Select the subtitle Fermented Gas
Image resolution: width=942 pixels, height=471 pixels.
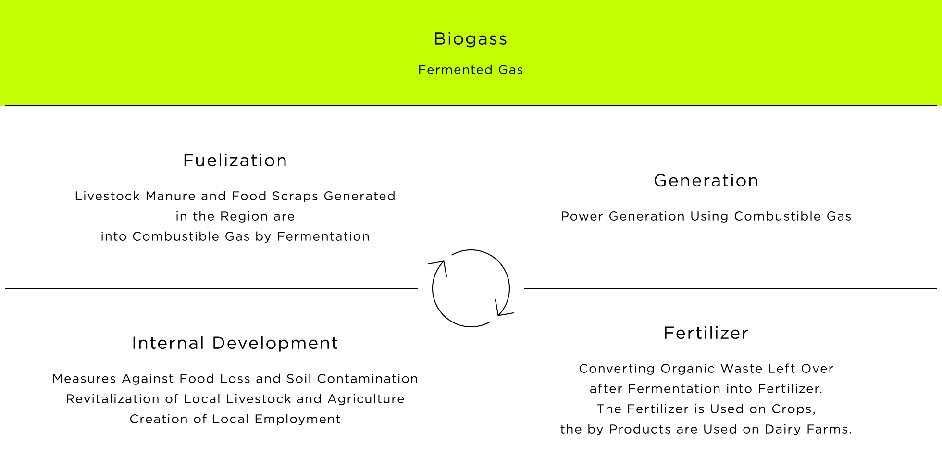coord(471,70)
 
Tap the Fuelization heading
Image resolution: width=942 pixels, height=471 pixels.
coord(235,161)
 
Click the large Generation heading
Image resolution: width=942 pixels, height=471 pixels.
coord(706,181)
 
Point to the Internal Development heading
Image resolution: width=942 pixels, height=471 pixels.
coord(235,343)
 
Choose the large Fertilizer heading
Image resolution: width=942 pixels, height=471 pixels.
coord(706,333)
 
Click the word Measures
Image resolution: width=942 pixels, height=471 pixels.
coord(84,379)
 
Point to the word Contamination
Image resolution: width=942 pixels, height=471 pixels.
coord(368,379)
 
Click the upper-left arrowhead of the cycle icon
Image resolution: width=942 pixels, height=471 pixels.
coord(439,267)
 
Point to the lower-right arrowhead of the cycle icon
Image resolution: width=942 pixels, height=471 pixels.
coord(503,309)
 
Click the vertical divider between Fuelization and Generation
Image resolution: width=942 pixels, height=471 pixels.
coord(471,175)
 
